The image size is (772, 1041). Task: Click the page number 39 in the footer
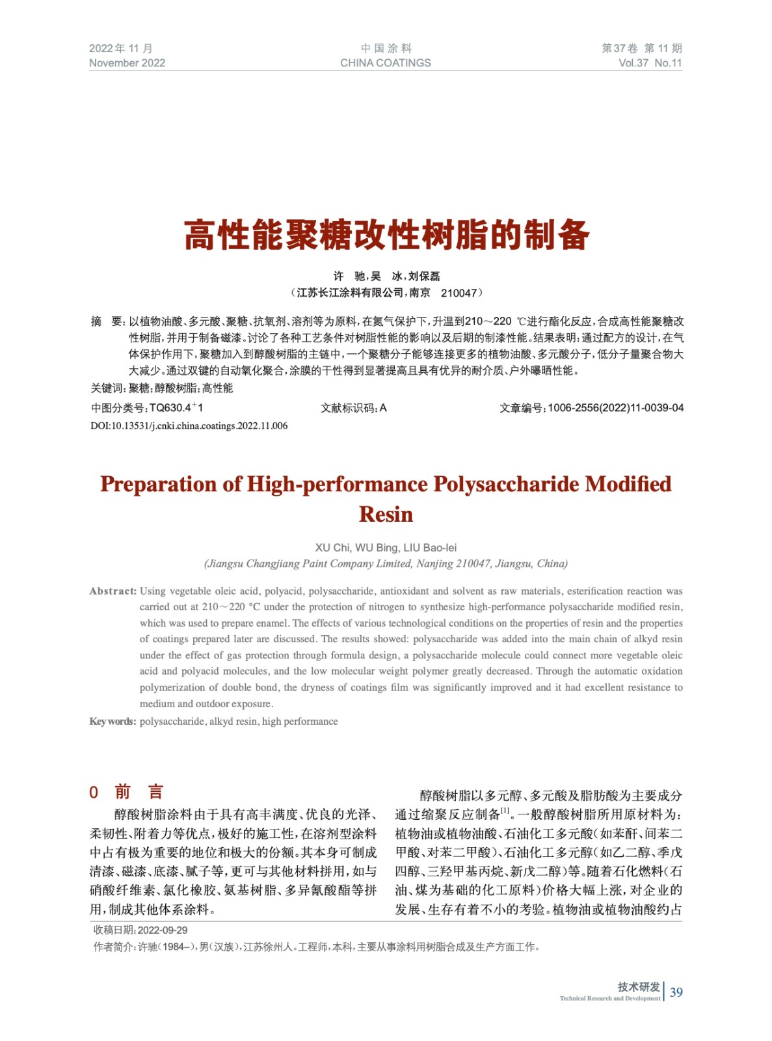[x=676, y=992]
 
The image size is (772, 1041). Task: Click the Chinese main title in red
[x=386, y=235]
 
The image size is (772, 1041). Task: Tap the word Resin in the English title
[x=386, y=514]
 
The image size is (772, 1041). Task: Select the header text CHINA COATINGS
[x=385, y=63]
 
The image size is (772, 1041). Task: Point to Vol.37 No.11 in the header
[x=650, y=63]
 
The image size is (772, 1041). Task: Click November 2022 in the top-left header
[x=127, y=63]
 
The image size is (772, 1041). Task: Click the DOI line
[x=189, y=426]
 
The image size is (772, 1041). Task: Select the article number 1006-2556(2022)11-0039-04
[x=615, y=408]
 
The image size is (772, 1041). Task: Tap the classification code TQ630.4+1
[x=176, y=408]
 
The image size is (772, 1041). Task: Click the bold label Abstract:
[x=113, y=591]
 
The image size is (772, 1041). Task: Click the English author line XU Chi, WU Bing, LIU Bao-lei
[x=386, y=548]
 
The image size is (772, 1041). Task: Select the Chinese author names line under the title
[x=386, y=277]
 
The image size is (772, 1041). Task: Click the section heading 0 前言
[x=127, y=792]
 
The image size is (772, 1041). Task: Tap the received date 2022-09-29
[x=163, y=930]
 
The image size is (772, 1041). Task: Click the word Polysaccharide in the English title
[x=506, y=484]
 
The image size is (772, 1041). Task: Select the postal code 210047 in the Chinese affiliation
[x=459, y=293]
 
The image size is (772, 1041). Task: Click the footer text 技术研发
[x=639, y=986]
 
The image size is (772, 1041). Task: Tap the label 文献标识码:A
[x=353, y=408]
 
